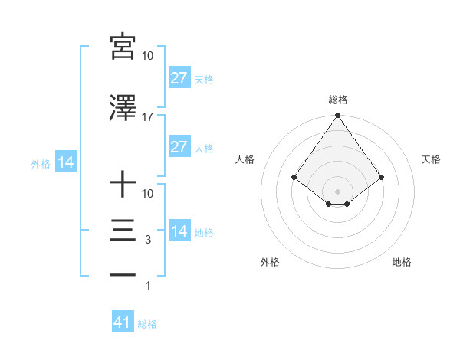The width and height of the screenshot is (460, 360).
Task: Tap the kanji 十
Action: (123, 184)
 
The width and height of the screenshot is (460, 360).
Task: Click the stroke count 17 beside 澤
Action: (148, 117)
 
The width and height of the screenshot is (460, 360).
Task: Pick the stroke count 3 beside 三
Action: (148, 240)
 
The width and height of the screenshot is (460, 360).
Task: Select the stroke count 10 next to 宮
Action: (148, 56)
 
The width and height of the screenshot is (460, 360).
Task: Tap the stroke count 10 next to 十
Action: (148, 194)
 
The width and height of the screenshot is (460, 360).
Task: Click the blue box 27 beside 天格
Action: (179, 78)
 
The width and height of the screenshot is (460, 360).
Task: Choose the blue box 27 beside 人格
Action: (179, 147)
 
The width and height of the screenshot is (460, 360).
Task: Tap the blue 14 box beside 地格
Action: (179, 231)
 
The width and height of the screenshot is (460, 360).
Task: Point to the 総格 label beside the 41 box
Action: (147, 324)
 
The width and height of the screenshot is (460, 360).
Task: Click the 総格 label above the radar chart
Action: (337, 100)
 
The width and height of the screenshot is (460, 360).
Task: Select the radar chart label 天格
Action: (431, 159)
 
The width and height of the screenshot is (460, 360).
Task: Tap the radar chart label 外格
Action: (270, 262)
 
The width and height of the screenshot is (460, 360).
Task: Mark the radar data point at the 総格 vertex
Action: (337, 116)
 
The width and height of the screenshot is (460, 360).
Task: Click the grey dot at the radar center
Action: (337, 191)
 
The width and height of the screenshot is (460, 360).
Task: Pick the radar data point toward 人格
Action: (294, 177)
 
